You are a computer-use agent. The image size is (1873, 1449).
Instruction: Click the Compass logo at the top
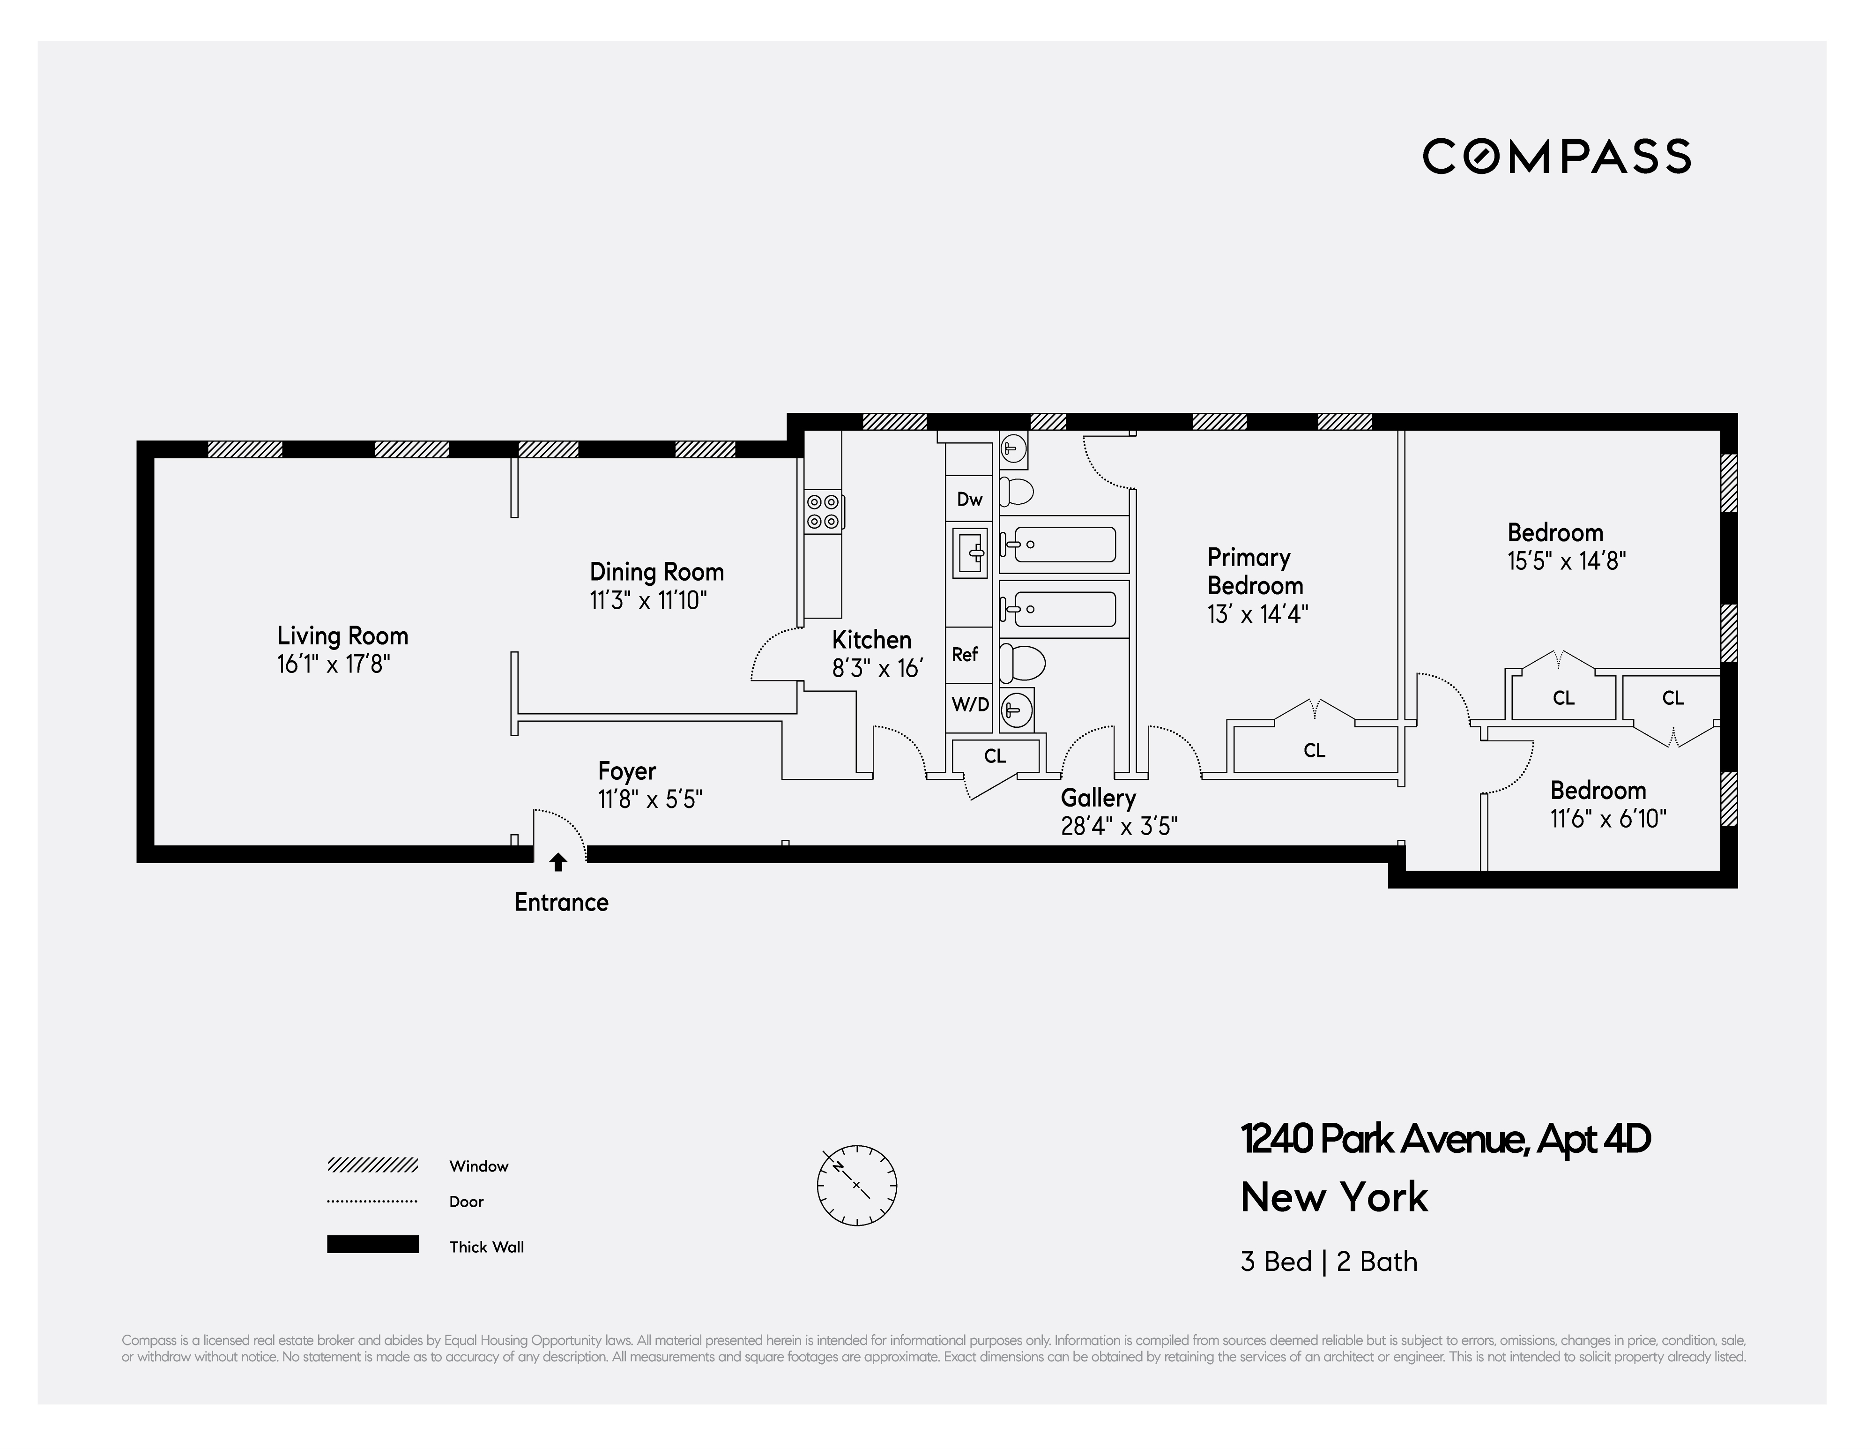click(x=1556, y=156)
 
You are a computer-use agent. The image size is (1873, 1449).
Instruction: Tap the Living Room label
click(x=342, y=636)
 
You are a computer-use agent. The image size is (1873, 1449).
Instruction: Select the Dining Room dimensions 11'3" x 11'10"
click(x=648, y=600)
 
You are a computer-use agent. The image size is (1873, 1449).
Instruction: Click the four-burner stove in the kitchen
click(x=823, y=511)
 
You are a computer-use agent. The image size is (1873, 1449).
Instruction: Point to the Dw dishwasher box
click(x=969, y=499)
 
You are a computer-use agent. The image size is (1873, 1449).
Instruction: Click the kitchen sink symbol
click(x=971, y=553)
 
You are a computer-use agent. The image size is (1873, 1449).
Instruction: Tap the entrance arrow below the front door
click(x=558, y=861)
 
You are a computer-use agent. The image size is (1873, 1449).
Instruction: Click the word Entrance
click(x=562, y=903)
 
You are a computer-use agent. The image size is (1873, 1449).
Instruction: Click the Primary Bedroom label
click(x=1255, y=571)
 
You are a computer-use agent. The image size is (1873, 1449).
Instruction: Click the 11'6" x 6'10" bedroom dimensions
click(x=1608, y=818)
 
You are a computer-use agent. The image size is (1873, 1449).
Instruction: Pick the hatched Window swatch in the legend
click(x=372, y=1165)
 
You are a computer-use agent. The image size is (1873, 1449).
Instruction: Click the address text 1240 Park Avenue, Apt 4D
click(x=1445, y=1139)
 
